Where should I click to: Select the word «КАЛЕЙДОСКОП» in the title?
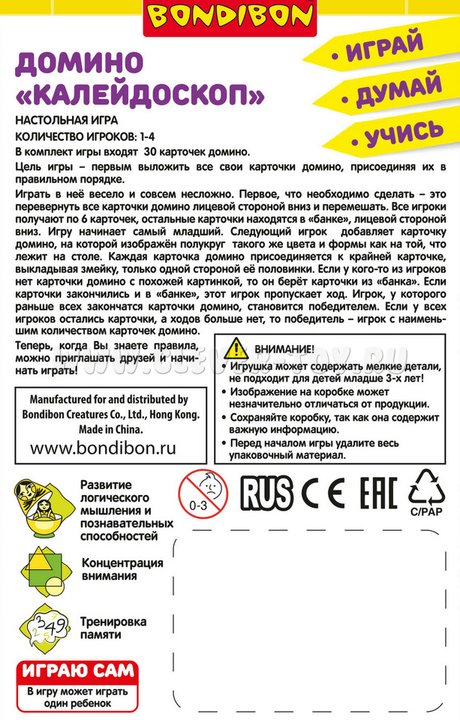tap(140, 95)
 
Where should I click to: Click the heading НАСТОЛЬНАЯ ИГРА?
tap(66, 121)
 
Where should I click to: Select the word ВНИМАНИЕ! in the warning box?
tap(284, 349)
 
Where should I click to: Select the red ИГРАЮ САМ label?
tap(78, 670)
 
